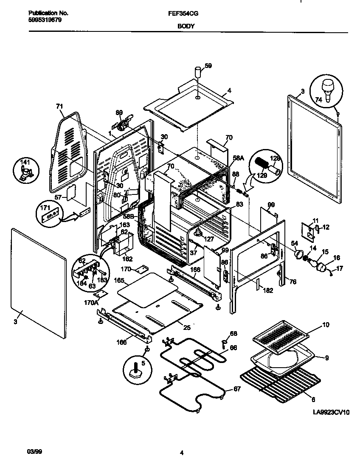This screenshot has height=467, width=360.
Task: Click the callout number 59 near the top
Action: tap(208, 65)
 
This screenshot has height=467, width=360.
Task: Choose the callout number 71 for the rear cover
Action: tap(59, 107)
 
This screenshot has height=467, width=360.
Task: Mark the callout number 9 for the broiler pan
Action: tap(326, 358)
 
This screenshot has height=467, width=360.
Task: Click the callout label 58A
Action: tap(238, 158)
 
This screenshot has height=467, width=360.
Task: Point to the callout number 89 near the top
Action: tap(119, 113)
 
